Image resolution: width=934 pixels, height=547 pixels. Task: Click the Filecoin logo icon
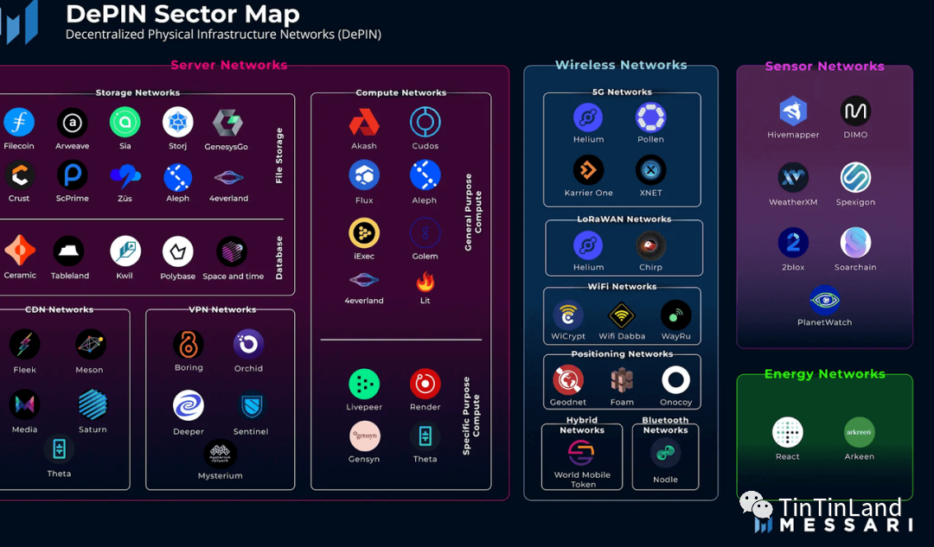pos(19,123)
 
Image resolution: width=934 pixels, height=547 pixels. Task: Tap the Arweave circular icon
pos(73,123)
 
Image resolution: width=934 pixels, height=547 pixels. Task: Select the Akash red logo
pos(364,123)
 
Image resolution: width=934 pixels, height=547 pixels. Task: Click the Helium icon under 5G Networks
pos(588,118)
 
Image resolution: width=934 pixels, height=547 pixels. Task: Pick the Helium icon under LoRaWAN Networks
pos(588,245)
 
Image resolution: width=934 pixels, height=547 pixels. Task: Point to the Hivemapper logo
pos(793,111)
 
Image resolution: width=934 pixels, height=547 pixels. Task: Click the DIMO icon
pos(855,111)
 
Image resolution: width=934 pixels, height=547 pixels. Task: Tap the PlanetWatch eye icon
pos(824,300)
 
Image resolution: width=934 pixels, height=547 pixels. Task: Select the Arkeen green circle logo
pos(859,433)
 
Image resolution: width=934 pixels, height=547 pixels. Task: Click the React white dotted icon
pos(788,433)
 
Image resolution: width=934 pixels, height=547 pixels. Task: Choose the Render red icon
pos(425,384)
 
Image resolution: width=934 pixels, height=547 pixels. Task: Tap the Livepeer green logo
pos(364,384)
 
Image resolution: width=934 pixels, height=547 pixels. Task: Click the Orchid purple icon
pos(248,344)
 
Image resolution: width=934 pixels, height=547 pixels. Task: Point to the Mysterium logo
pos(221,454)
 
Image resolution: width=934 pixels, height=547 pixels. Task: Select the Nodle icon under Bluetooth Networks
pos(665,454)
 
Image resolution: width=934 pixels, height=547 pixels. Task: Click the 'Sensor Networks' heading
pos(824,67)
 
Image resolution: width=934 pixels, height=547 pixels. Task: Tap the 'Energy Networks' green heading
pos(824,374)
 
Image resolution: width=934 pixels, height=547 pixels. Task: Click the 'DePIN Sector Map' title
pos(182,14)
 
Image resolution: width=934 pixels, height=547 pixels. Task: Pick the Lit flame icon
pos(425,282)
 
